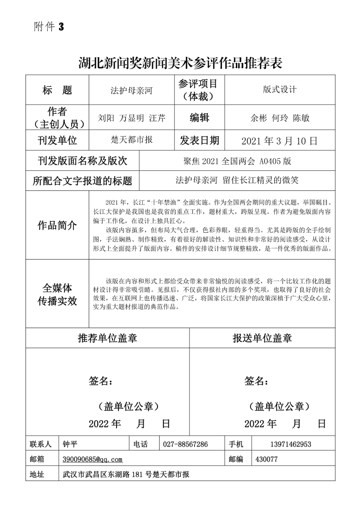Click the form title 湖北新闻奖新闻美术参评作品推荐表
[180, 63]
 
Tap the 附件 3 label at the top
[49, 27]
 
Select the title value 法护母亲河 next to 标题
[131, 91]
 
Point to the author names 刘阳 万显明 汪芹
[131, 118]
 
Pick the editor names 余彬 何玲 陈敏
[279, 118]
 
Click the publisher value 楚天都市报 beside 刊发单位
[131, 140]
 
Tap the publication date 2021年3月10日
[279, 141]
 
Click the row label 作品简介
[57, 225]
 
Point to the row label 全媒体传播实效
[57, 295]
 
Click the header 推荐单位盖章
[108, 338]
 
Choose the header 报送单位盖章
[262, 338]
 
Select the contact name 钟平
[71, 444]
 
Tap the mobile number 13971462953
[291, 444]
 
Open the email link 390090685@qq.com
[93, 459]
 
